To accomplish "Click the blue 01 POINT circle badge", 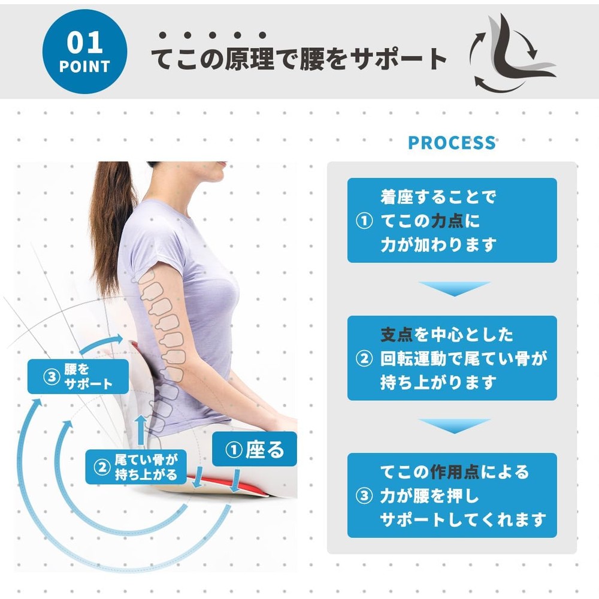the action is click(x=84, y=52).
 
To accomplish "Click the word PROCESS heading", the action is click(x=452, y=143).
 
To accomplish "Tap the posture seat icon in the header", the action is click(x=512, y=53).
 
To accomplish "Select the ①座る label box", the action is click(x=255, y=449).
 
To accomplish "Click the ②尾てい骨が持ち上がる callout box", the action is click(x=136, y=467).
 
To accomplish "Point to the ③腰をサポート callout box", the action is click(x=78, y=376).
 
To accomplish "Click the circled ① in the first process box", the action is click(x=364, y=220).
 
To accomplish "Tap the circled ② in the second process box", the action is click(x=364, y=358).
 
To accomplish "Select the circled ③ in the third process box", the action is click(x=364, y=496).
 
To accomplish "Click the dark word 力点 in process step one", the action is click(x=447, y=221).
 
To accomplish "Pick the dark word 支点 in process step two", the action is click(x=397, y=334).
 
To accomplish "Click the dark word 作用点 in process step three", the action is click(x=455, y=472).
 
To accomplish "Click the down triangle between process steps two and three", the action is click(x=454, y=425).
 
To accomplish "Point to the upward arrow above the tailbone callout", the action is click(x=141, y=430).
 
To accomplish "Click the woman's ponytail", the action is click(x=111, y=225).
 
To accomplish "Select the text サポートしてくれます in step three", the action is click(x=463, y=519).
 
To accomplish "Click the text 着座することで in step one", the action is click(x=438, y=197).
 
